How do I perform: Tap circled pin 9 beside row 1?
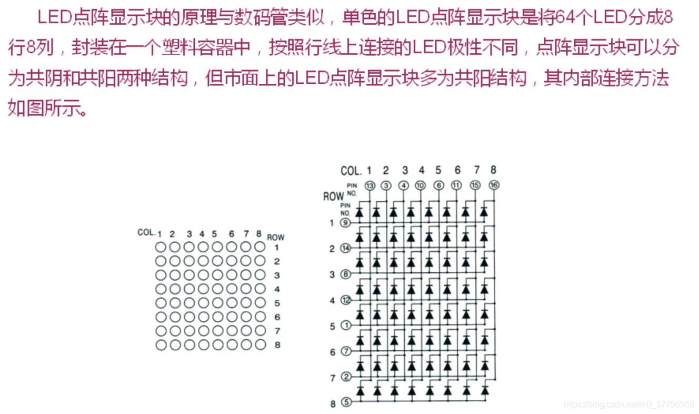pos(345,223)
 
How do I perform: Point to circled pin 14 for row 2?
pos(345,249)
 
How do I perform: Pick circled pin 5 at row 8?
pos(346,402)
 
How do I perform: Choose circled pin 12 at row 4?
pos(346,300)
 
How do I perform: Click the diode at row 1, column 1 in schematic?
pos(360,213)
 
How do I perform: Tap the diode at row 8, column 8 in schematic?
pos(485,392)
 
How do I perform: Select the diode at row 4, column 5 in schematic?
pos(430,290)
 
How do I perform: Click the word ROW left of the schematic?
pos(333,196)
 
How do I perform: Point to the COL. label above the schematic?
pos(351,171)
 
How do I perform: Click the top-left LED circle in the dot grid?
pos(161,247)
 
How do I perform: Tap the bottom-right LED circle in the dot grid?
pos(259,344)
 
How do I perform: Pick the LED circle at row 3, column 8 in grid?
pos(259,274)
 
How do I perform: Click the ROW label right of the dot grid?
pos(276,237)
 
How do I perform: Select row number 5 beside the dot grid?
pos(277,303)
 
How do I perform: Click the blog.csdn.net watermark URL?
pos(628,405)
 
